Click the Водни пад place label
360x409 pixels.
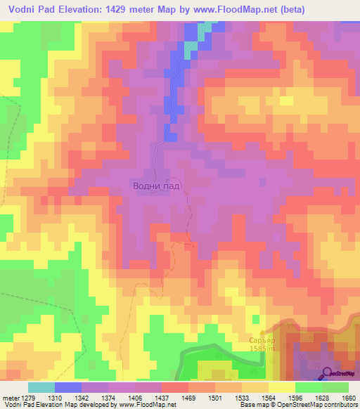coord(156,186)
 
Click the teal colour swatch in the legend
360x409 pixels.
coord(41,387)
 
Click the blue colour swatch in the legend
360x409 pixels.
coord(67,387)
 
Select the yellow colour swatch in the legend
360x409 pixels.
coord(281,387)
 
